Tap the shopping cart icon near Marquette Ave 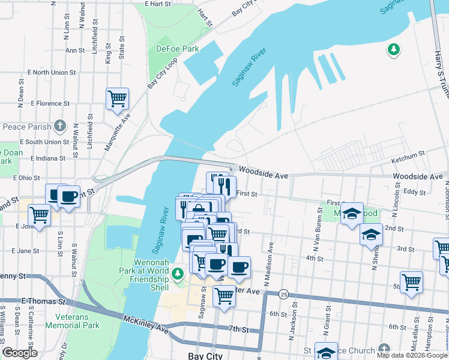coord(117,98)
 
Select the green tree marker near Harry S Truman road coord(394,50)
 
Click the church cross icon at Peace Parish coord(59,126)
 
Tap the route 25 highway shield coord(283,294)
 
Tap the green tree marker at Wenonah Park coord(177,274)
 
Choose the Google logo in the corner coord(20,353)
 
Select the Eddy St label coord(414,192)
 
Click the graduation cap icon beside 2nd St coord(372,235)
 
